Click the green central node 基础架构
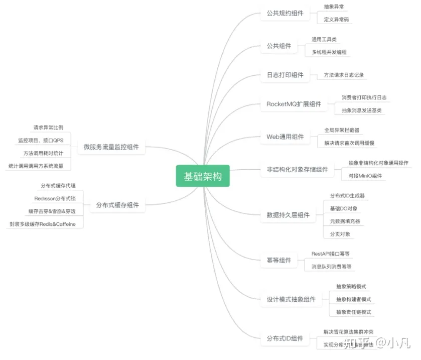click(x=202, y=176)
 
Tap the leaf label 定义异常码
click(x=336, y=20)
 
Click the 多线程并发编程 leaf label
click(x=329, y=52)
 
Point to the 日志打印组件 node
click(x=285, y=75)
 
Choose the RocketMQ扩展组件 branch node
click(x=294, y=104)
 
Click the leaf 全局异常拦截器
click(x=341, y=131)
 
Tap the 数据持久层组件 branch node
click(x=288, y=215)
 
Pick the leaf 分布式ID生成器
click(x=347, y=195)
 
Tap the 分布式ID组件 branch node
click(x=285, y=338)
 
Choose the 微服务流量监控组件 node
click(x=114, y=148)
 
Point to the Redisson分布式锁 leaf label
click(x=55, y=198)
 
